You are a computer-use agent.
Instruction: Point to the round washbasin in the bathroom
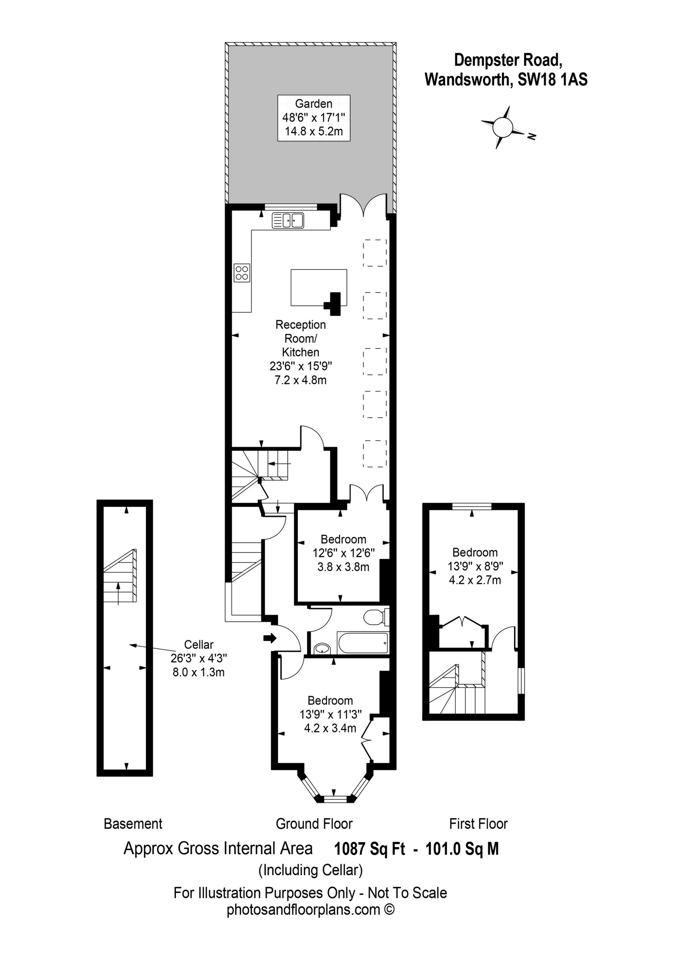point(321,648)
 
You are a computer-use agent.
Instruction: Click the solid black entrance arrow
point(270,638)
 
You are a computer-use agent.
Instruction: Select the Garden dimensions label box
point(314,118)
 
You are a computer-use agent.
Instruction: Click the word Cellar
point(199,644)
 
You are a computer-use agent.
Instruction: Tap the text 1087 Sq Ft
point(370,849)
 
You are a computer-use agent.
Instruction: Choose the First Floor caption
point(478,824)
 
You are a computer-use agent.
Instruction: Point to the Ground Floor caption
point(314,824)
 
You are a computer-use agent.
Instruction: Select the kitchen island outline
point(319,288)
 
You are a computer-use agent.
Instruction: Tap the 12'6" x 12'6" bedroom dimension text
point(344,553)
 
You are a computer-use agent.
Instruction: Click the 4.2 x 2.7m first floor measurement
point(475,580)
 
